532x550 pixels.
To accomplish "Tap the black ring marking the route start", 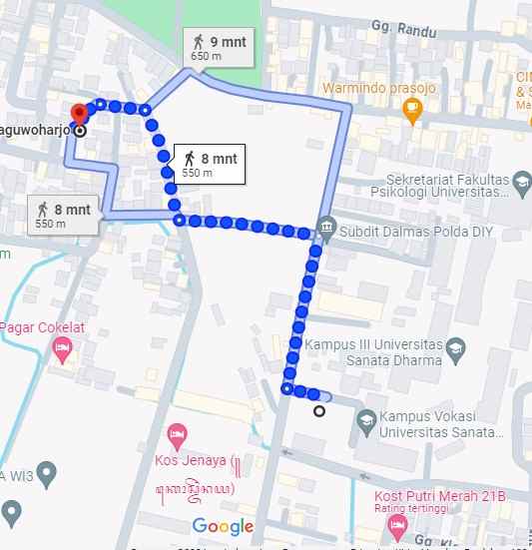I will pyautogui.click(x=319, y=410).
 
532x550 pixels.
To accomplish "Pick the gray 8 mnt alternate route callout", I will pyautogui.click(x=63, y=215).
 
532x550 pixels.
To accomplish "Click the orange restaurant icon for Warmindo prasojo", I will pyautogui.click(x=413, y=113).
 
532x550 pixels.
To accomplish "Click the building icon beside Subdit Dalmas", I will pyautogui.click(x=326, y=232).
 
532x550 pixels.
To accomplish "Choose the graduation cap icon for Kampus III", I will pyautogui.click(x=455, y=348).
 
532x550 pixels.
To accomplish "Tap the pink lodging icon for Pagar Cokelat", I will pyautogui.click(x=62, y=349).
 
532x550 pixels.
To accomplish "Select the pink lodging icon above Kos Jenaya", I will pyautogui.click(x=177, y=434).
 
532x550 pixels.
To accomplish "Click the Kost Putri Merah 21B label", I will pyautogui.click(x=439, y=497).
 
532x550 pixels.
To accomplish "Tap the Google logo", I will pyautogui.click(x=223, y=526).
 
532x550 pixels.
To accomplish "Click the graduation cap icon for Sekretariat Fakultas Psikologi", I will pyautogui.click(x=523, y=180).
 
